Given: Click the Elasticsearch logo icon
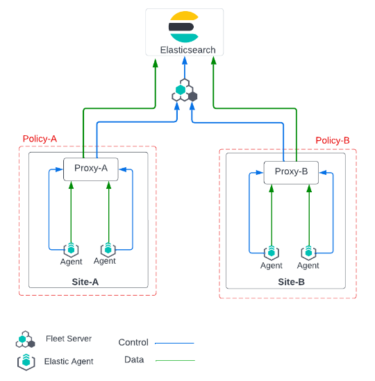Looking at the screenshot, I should point(184,27).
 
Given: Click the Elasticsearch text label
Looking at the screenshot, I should point(187,50).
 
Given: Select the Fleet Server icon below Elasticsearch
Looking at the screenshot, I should point(185,91).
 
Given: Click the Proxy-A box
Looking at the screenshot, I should point(91,169).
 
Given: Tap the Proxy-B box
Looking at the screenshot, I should point(291,172).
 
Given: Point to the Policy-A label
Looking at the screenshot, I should point(40,139).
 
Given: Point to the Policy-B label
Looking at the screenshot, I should point(333,140).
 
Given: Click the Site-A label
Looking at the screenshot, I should point(85,282).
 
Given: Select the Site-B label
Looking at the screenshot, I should point(291,282).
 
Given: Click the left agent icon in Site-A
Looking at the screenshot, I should point(71,250).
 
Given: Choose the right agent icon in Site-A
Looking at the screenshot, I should point(108,249).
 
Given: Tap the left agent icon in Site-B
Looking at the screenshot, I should point(271,253).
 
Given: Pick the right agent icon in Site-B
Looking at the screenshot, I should point(308,253).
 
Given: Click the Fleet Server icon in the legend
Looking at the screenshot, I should point(25,340).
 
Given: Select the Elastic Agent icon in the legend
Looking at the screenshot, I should point(26,362).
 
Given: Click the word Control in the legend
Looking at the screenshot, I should point(133,342).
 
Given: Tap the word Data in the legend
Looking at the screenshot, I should point(134,359).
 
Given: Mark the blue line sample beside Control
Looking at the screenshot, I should point(174,343).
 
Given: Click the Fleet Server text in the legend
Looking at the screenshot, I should point(69,339).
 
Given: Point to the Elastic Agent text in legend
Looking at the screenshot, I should point(69,362).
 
